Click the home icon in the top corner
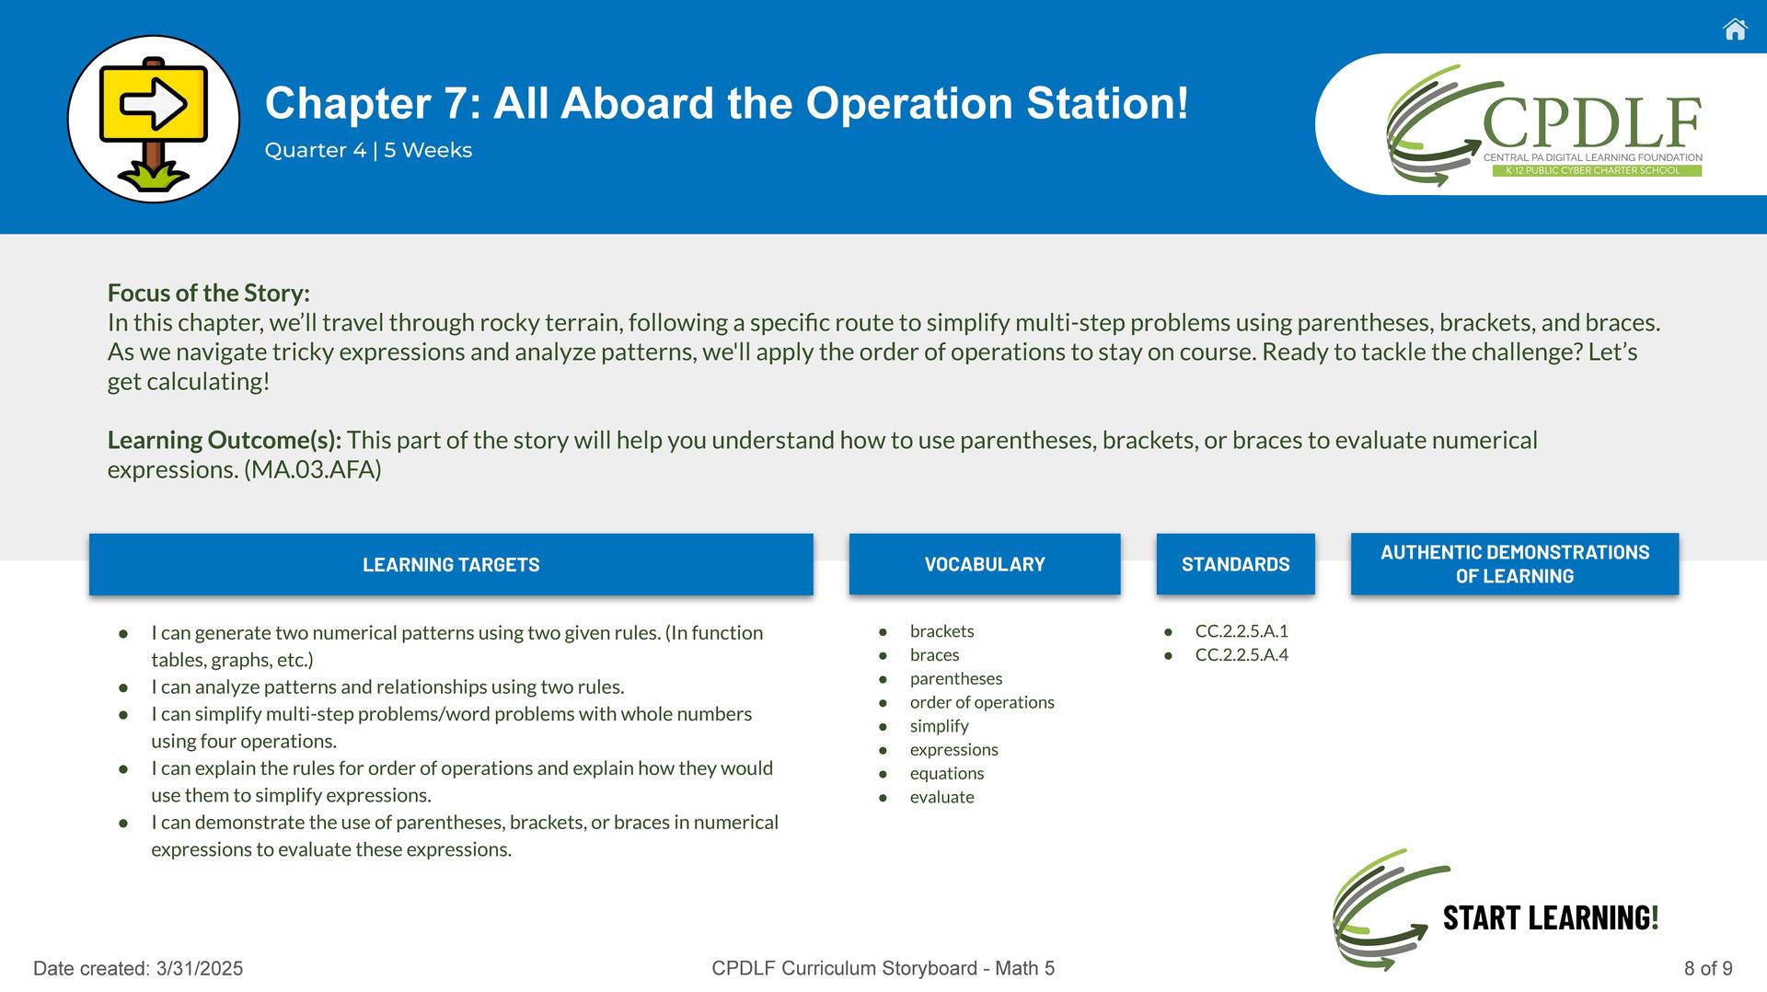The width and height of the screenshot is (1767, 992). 1735,29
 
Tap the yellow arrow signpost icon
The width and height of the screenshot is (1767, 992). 154,120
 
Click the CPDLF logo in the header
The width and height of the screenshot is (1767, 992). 1544,124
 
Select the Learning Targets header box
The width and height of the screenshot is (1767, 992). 451,564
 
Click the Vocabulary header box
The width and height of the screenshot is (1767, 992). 985,564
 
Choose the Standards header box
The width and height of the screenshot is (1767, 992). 1236,564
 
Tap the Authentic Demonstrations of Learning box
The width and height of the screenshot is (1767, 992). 1515,564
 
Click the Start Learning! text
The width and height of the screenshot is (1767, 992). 1551,917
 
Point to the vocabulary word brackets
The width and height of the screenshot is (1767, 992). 941,631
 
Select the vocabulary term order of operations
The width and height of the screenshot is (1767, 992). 982,702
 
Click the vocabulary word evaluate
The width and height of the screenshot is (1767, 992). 941,797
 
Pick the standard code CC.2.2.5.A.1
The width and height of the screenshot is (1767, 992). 1242,631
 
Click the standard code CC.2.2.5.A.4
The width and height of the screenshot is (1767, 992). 1242,655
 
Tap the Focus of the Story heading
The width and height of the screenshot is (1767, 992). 209,294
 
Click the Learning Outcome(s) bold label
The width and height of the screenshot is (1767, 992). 225,441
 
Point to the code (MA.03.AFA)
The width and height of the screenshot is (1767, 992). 313,470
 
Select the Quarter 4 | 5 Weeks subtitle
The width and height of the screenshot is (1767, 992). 368,150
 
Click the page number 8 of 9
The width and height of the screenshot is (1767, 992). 1708,968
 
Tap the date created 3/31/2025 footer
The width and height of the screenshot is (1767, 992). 138,968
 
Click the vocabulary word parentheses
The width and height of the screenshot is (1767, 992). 956,679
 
